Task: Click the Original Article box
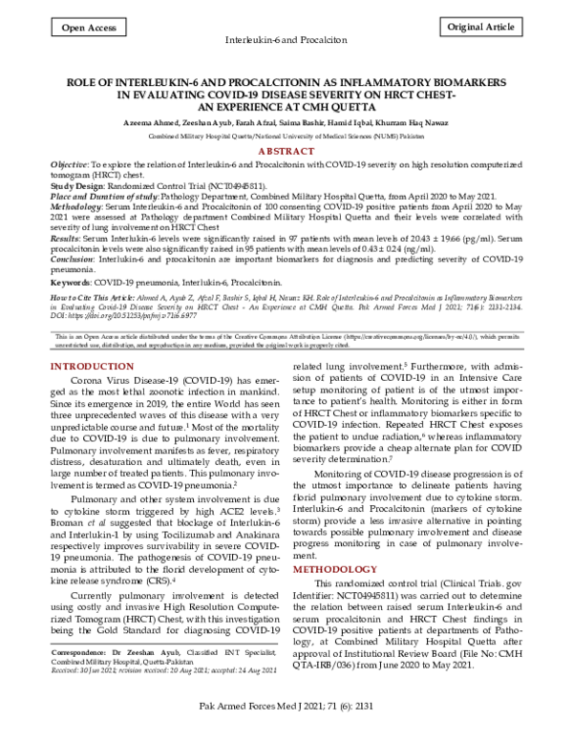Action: tap(485, 30)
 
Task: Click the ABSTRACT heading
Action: tap(286, 152)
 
